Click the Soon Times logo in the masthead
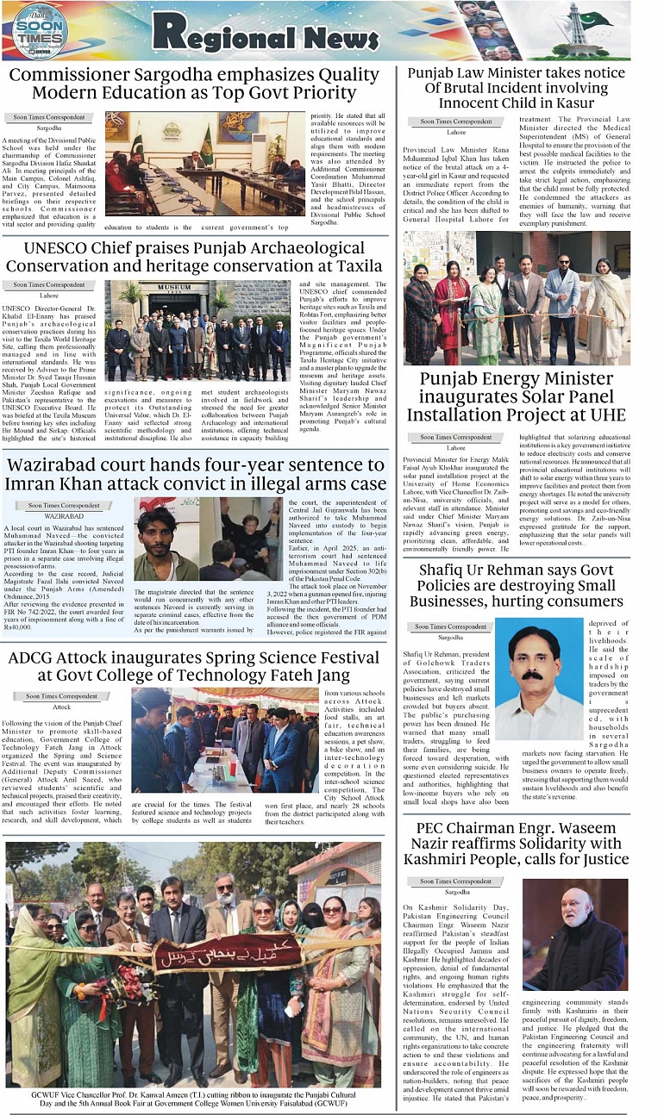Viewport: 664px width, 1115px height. (40, 32)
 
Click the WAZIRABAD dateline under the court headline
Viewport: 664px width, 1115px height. (63, 514)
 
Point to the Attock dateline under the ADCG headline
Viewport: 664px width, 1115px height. (61, 707)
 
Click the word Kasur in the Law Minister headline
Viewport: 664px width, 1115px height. (563, 103)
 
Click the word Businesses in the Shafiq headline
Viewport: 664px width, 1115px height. (453, 601)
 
